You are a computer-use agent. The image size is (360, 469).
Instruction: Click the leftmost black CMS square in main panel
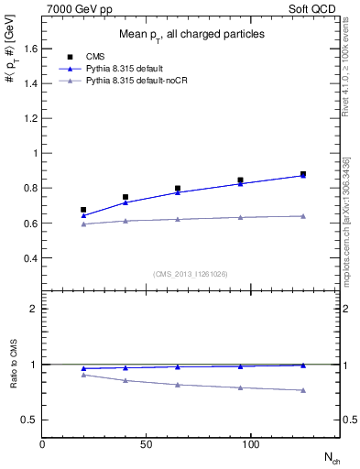[x=83, y=210]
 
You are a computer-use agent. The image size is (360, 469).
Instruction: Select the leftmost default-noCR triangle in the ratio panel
[x=83, y=375]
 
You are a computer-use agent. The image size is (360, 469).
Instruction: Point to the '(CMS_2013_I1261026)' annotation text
[x=190, y=274]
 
